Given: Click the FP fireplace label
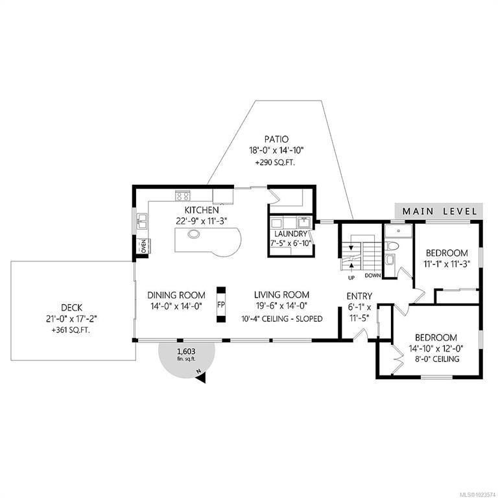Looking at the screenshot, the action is click(x=221, y=305).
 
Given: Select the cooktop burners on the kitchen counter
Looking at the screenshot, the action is click(x=183, y=196).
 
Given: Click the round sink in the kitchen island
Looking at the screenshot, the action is click(x=193, y=234).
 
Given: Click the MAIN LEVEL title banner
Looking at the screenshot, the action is click(x=439, y=211).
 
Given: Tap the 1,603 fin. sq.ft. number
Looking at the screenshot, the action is click(x=187, y=351).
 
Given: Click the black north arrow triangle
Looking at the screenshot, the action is click(x=200, y=378).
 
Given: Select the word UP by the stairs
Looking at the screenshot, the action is click(x=351, y=278).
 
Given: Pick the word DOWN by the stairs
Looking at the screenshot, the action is click(x=373, y=276).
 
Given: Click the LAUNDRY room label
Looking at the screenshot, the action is click(x=290, y=234).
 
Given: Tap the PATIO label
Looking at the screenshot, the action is click(x=277, y=139).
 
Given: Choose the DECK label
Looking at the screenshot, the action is click(x=71, y=307).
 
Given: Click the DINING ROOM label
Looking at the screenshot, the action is click(x=176, y=295).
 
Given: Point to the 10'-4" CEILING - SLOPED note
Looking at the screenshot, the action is click(x=282, y=318).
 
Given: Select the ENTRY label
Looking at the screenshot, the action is click(x=359, y=296).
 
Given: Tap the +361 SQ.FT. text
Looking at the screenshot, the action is click(x=71, y=330).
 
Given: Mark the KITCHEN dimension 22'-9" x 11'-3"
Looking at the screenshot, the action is click(x=202, y=221).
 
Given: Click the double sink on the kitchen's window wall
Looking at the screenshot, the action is click(x=142, y=221).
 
